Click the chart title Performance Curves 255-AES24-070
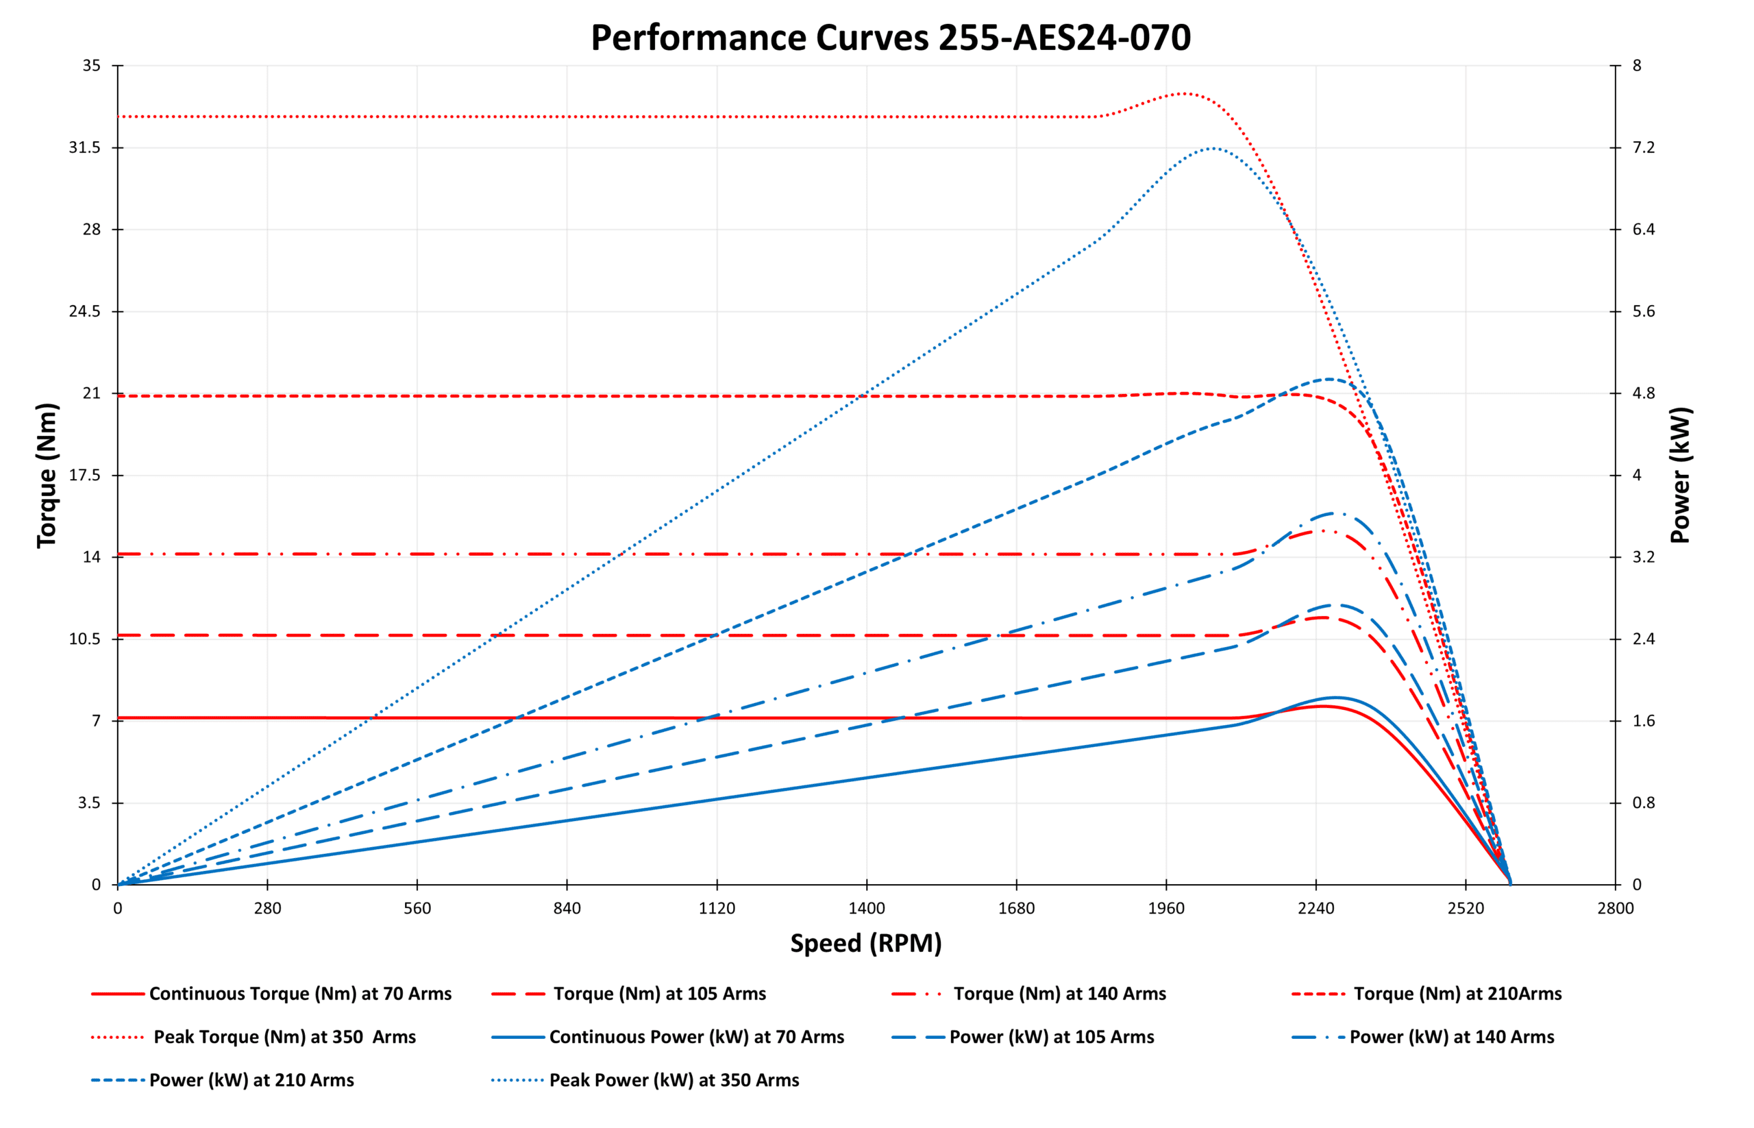(x=890, y=38)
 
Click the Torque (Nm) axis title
(x=47, y=475)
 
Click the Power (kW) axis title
(x=1680, y=475)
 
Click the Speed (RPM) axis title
(x=865, y=943)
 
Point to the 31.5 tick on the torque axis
(x=84, y=148)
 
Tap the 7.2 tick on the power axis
(x=1644, y=148)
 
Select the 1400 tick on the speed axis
(x=867, y=908)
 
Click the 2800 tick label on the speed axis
(x=1615, y=908)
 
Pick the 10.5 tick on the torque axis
(x=84, y=639)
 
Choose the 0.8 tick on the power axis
(x=1644, y=802)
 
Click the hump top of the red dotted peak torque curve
(x=1184, y=93)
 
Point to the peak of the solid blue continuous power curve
(x=1335, y=698)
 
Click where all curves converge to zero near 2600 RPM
(x=1509, y=883)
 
